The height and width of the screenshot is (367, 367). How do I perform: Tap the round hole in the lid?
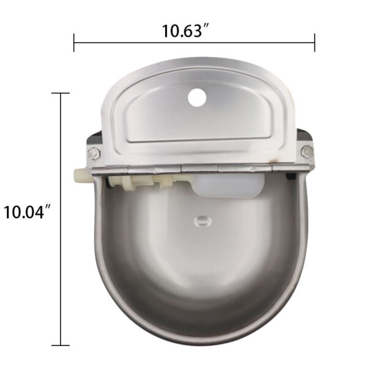[x=197, y=97]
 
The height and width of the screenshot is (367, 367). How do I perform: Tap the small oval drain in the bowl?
[x=200, y=220]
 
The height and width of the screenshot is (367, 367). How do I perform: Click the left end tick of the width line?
[x=74, y=43]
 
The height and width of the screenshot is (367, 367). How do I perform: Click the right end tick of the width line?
[x=314, y=43]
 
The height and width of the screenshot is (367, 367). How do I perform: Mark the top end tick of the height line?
[x=60, y=93]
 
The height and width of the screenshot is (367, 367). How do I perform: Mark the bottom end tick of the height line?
[x=60, y=346]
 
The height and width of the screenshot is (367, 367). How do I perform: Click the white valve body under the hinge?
[x=141, y=180]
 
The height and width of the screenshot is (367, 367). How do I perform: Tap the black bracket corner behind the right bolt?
[x=305, y=135]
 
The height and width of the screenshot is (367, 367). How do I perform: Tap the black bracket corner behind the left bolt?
[x=94, y=139]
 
